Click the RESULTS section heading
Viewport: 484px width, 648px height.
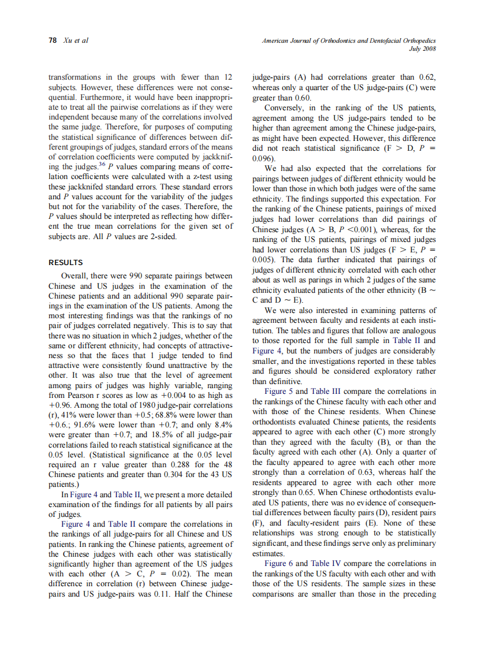pos(65,262)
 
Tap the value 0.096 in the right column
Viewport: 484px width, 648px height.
pos(263,158)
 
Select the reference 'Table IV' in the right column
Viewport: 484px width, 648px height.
pos(327,563)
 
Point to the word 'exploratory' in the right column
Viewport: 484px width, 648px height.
pos(390,371)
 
